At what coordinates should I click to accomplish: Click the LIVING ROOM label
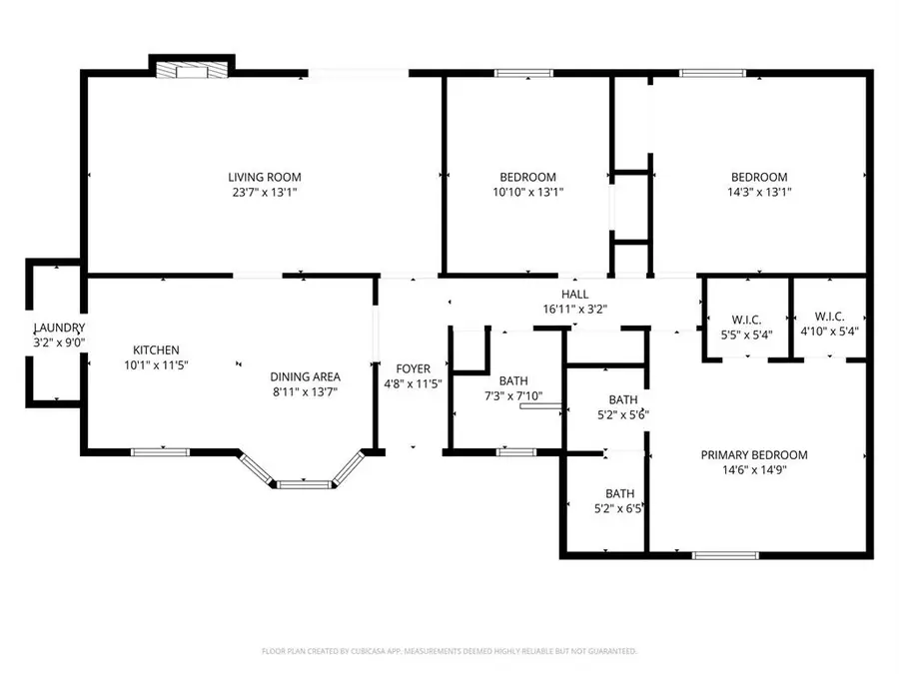click(264, 177)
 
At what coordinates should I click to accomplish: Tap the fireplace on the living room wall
click(193, 70)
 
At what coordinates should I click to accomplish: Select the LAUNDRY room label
click(60, 329)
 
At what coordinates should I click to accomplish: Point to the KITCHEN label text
click(157, 349)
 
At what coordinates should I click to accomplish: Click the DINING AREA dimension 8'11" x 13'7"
click(305, 391)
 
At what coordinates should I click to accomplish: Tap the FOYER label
click(413, 368)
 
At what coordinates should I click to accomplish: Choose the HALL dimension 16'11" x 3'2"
click(574, 310)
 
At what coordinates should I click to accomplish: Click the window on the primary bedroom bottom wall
click(719, 554)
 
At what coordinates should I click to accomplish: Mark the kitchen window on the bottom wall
click(161, 451)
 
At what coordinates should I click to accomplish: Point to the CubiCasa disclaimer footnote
click(449, 651)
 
